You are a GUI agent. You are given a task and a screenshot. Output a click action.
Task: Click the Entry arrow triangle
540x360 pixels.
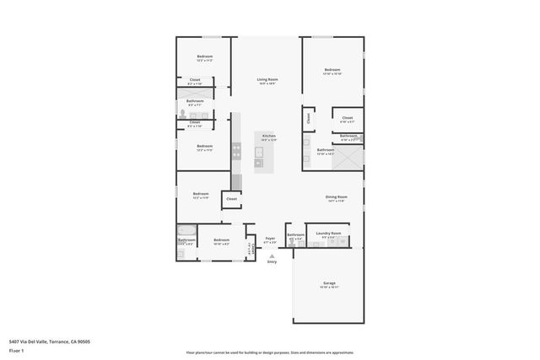coord(272,255)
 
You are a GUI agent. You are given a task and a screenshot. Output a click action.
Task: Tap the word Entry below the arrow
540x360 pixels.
coord(272,262)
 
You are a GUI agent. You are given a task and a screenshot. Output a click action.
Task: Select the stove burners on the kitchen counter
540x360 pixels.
coord(236,151)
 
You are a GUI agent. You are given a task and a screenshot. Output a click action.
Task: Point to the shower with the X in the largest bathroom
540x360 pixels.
coord(351,158)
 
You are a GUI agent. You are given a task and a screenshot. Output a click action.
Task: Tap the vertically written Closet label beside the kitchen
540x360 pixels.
coord(309,119)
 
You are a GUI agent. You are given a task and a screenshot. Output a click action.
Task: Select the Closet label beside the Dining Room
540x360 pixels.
coord(231,199)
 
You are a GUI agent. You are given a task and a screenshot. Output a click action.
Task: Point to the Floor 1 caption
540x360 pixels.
coord(16,349)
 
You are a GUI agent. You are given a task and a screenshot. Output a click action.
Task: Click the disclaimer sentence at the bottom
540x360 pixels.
coord(270,352)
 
